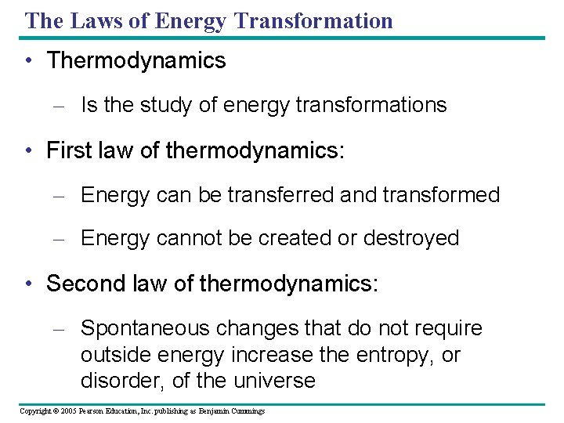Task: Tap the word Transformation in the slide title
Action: (x=313, y=20)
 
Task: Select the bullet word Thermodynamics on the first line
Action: (x=136, y=61)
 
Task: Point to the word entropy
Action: (x=391, y=355)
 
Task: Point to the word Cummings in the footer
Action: (x=247, y=411)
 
